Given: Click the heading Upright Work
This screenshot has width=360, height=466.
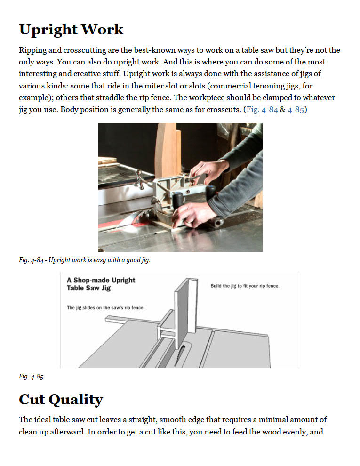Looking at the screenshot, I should coord(71,30).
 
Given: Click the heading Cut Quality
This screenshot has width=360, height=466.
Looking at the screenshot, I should coord(61,400).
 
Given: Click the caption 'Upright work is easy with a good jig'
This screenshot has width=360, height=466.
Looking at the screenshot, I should coord(99,260).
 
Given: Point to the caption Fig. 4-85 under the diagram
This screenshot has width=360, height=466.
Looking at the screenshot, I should coord(31,376).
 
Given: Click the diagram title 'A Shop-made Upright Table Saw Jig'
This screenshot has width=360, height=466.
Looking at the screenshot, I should coord(101,284).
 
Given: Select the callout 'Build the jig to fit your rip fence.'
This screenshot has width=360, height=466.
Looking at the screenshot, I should coord(245,286).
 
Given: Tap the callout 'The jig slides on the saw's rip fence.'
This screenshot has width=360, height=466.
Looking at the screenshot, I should coord(105,308).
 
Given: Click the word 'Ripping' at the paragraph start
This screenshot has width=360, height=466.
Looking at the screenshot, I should coord(32,50).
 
